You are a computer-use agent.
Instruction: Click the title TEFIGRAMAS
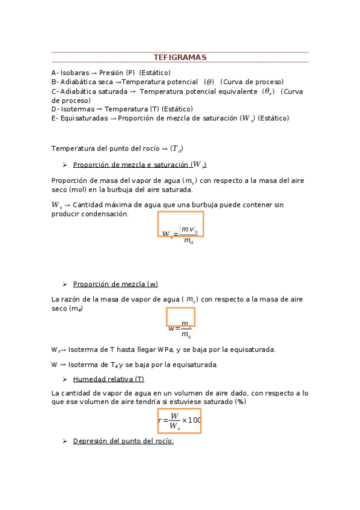pos(180,57)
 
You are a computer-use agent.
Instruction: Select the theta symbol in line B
pos(209,82)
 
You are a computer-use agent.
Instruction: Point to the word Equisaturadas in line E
pos(83,118)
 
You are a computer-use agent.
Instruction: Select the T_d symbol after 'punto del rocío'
pos(176,149)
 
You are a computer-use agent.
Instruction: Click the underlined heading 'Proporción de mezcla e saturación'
pos(140,165)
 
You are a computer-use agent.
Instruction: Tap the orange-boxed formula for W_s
pos(180,224)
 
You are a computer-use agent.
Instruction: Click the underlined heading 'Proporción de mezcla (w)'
pos(115,284)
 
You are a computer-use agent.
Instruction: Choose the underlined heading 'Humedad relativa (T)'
pos(108,379)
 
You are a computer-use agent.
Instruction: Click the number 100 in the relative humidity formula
pos(194,420)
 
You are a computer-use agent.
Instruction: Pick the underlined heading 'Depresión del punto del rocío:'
pos(123,441)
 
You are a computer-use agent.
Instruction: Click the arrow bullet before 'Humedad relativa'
pos(64,379)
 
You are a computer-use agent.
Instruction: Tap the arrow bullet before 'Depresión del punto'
pos(64,441)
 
